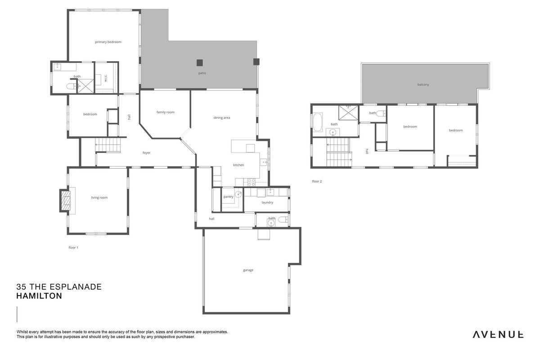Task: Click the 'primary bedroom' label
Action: click(x=108, y=42)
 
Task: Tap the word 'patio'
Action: click(x=202, y=73)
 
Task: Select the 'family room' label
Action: click(x=166, y=112)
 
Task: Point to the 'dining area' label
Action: click(x=222, y=117)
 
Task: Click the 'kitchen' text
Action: click(x=238, y=165)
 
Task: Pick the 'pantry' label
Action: click(x=228, y=197)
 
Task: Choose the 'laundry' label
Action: click(x=267, y=202)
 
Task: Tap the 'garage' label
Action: click(x=248, y=270)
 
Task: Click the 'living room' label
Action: click(x=99, y=198)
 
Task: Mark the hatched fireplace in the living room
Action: click(x=65, y=200)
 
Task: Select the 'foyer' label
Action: click(x=146, y=153)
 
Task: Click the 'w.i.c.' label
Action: click(x=106, y=78)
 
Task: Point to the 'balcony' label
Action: click(x=423, y=85)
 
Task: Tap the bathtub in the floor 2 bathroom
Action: click(x=318, y=122)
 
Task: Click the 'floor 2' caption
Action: click(x=317, y=181)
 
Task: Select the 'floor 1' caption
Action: click(x=73, y=247)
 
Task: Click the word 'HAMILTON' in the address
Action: click(x=39, y=296)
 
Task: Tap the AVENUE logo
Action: click(x=498, y=334)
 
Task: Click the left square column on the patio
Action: click(x=200, y=63)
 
